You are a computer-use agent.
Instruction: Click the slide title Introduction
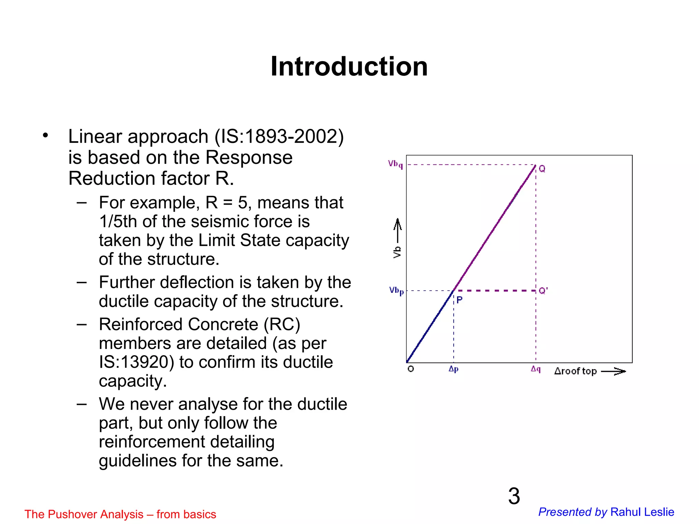[349, 67]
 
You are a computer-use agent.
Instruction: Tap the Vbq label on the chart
[395, 164]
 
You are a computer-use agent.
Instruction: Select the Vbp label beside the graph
[396, 291]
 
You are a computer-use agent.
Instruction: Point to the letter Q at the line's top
[542, 169]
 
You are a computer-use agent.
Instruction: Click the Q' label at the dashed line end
[543, 291]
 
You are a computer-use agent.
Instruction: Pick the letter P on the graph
[459, 300]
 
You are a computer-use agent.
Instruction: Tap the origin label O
[411, 369]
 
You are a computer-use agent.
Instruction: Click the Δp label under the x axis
[453, 369]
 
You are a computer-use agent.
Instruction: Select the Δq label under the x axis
[536, 369]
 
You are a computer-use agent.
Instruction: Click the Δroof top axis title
[575, 371]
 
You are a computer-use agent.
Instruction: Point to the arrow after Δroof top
[613, 372]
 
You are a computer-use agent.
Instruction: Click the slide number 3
[514, 496]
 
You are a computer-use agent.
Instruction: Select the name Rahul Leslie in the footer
[642, 512]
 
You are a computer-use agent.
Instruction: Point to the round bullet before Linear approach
[45, 135]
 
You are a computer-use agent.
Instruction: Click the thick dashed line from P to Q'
[495, 291]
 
